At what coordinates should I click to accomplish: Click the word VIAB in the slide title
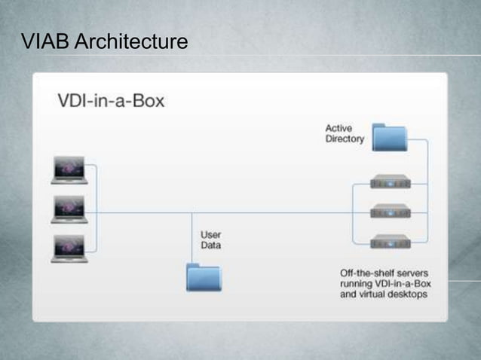pos(44,42)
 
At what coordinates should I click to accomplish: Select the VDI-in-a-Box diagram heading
pos(112,100)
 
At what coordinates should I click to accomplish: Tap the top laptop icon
pos(69,170)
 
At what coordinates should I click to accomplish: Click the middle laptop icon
pos(69,210)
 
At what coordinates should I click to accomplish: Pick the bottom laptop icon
pos(69,249)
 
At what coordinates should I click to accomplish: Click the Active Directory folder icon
pos(389,137)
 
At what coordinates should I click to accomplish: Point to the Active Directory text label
pos(345,133)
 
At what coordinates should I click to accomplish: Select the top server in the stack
pos(390,182)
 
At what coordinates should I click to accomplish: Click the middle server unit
pos(390,212)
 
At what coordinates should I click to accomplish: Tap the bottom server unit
pos(390,242)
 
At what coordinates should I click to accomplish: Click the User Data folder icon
pos(204,276)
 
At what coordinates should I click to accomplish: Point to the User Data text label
pos(210,239)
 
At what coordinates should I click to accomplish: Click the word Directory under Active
pos(345,139)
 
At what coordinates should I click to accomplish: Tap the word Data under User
pos(210,245)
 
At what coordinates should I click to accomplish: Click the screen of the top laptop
pos(69,167)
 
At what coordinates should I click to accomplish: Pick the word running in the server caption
pos(357,283)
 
